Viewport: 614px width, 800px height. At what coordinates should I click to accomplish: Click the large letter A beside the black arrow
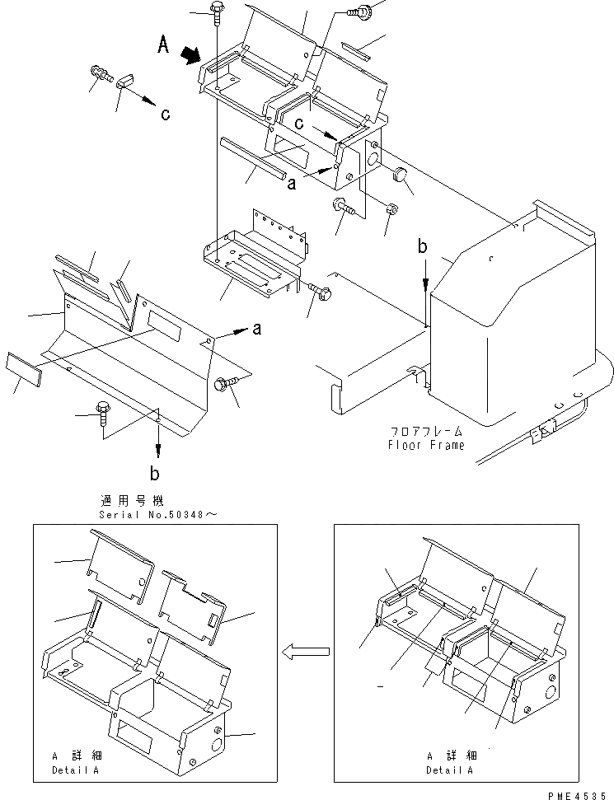(165, 47)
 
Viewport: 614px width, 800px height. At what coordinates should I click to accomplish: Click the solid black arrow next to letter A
(191, 55)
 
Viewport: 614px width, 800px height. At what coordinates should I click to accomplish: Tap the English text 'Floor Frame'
(426, 445)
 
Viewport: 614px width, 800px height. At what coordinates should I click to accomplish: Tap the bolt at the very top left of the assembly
(215, 11)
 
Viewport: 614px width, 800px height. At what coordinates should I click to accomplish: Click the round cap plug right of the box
(400, 173)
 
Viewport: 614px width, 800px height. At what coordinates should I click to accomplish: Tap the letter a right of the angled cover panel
(256, 329)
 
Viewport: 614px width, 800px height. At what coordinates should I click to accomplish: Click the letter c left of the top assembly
(165, 115)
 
